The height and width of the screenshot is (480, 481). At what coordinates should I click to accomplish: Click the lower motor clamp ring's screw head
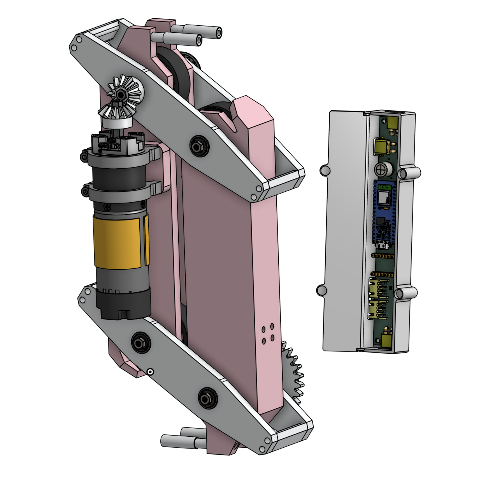84,191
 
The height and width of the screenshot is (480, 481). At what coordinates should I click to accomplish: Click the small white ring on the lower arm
149,372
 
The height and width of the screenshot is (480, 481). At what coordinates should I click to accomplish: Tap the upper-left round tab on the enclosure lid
324,170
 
